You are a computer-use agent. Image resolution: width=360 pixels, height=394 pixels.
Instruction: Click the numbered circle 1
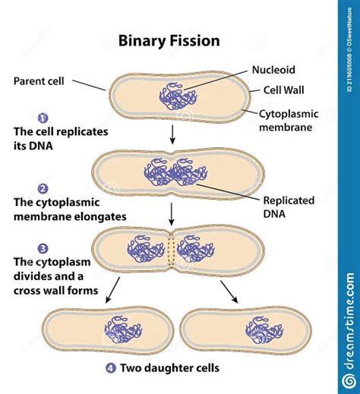pos(43,118)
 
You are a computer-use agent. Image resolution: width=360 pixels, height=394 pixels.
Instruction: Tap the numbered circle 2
pos(43,189)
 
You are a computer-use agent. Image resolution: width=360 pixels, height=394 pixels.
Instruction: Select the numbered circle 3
pos(43,248)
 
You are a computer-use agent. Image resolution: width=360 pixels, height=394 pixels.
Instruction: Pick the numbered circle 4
pos(112,370)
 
